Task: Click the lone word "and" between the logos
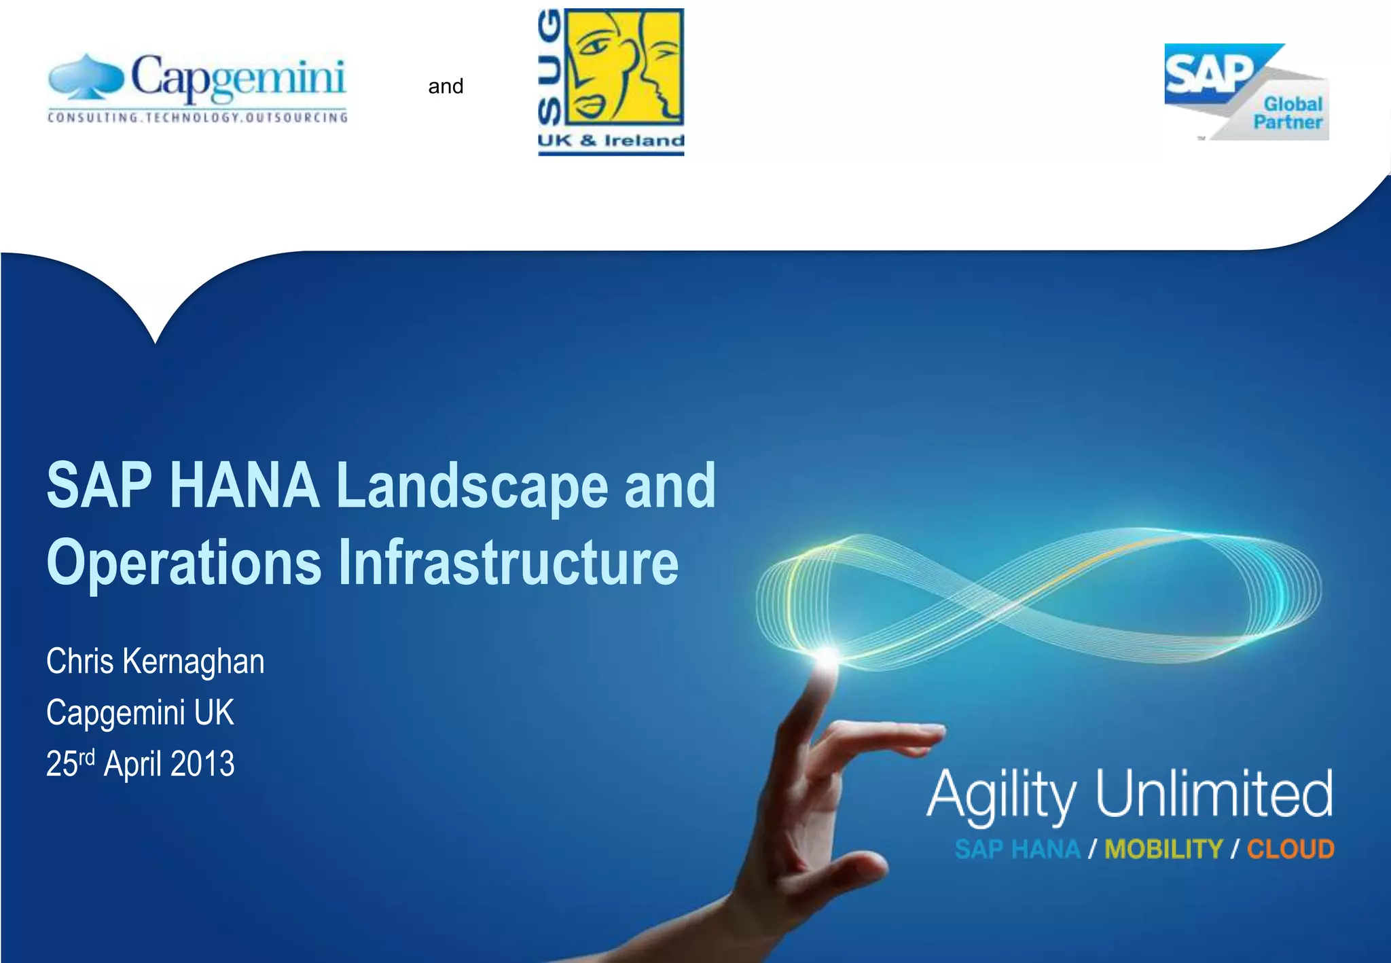pos(446,86)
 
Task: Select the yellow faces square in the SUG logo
pos(624,67)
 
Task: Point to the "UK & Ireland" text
pos(611,141)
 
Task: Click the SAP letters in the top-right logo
pos(1208,73)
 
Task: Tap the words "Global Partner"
pos(1289,113)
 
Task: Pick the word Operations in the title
pos(183,562)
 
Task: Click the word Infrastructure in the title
pos(508,562)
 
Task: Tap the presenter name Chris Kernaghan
pos(155,661)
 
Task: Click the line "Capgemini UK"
pos(140,712)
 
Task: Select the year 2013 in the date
pos(202,764)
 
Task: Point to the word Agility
pos(1002,795)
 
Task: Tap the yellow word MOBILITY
pos(1163,850)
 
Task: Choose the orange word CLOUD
pos(1290,850)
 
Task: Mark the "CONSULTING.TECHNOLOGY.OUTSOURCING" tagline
pos(198,117)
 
